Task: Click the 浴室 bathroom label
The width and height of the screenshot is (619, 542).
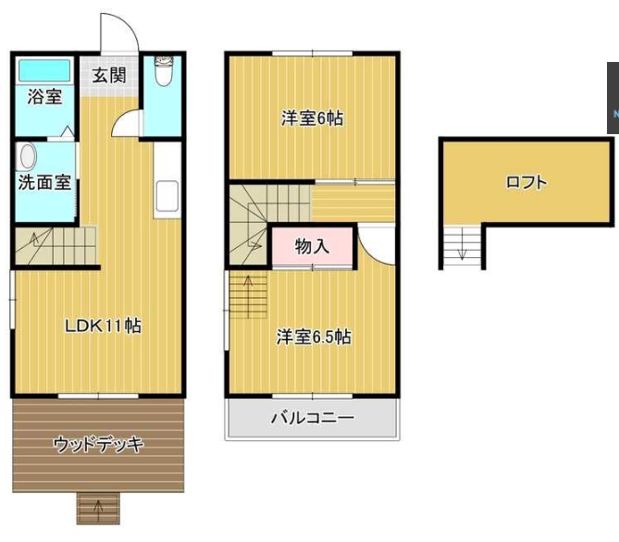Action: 44,96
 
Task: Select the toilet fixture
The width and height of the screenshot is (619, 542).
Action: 164,71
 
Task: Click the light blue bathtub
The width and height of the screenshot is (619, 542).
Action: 44,70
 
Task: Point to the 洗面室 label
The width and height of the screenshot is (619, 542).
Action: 44,182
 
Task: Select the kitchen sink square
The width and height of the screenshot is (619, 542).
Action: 167,195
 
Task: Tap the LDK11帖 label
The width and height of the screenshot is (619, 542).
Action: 102,326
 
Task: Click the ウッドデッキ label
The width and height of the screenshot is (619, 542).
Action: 99,445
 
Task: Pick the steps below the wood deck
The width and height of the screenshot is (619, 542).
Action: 98,507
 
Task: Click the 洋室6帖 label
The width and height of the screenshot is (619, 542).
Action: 313,119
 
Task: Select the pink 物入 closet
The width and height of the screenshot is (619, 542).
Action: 312,247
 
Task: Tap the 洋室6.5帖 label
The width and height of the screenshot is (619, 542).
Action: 313,337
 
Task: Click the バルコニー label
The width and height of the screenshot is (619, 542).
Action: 312,418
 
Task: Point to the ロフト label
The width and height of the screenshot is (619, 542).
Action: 526,182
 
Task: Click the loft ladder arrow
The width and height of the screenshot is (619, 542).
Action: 459,247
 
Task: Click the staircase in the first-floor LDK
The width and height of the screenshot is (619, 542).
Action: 46,246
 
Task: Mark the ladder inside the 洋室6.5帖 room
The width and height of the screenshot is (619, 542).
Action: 247,298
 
